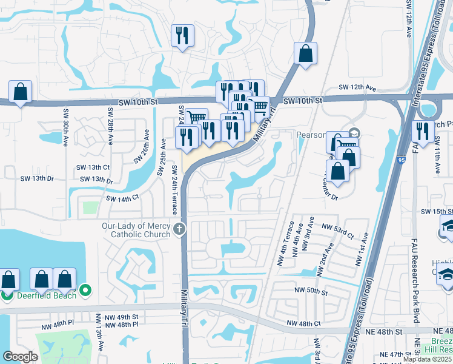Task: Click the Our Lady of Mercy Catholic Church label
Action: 137,230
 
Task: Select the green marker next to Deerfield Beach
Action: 85,291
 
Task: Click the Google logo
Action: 20,357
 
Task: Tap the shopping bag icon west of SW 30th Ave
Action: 20,92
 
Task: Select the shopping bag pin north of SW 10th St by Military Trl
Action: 306,53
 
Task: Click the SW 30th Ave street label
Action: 65,127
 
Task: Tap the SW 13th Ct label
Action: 93,167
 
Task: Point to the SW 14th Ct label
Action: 122,198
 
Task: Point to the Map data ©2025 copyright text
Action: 427,359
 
